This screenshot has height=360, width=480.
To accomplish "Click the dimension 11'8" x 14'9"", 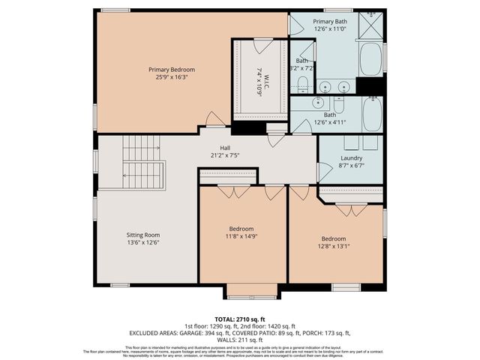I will click(241, 236).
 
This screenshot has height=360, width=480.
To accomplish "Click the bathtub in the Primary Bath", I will click(370, 59).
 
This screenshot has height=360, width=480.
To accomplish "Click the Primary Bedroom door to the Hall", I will click(215, 120).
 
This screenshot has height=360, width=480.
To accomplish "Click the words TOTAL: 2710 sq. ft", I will click(240, 319).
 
